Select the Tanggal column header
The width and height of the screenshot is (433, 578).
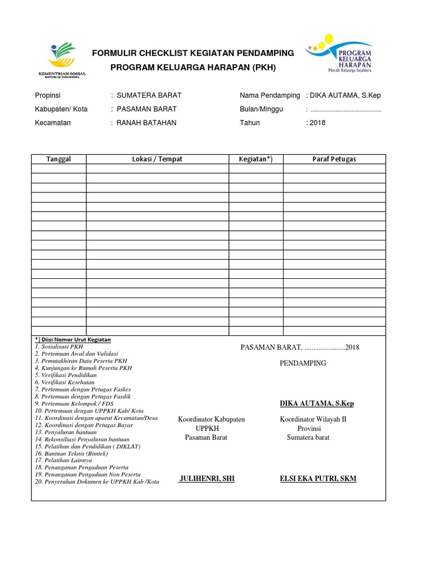click(x=59, y=159)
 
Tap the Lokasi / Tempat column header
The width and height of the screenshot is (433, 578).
click(x=157, y=159)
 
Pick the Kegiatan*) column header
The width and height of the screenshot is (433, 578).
click(x=255, y=159)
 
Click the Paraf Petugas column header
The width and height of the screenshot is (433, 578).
click(x=334, y=159)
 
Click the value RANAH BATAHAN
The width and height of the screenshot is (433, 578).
click(x=146, y=123)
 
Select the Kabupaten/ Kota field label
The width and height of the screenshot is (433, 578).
click(x=61, y=109)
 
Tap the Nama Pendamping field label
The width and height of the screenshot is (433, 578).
click(x=269, y=95)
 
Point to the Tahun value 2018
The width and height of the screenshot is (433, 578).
click(x=317, y=123)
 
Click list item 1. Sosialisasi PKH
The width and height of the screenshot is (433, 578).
click(x=59, y=346)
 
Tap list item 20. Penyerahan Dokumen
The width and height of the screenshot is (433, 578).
click(x=97, y=482)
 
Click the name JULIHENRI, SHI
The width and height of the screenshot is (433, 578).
click(x=206, y=479)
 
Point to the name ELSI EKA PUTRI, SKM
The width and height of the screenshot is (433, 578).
click(x=318, y=479)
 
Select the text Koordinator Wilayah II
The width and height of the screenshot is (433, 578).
click(x=313, y=419)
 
